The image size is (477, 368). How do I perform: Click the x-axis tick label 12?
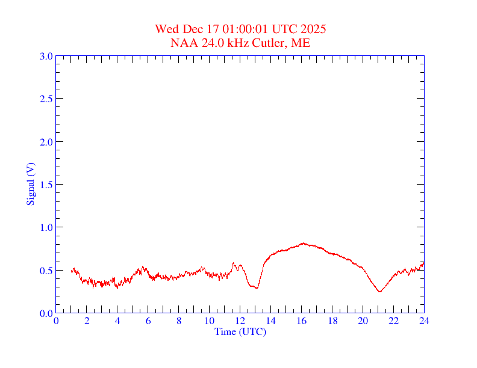click(240, 321)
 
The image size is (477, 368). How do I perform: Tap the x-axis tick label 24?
click(424, 321)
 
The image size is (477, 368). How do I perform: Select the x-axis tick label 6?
click(148, 321)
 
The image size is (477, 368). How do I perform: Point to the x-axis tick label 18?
click(332, 321)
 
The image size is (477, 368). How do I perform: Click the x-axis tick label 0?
click(56, 321)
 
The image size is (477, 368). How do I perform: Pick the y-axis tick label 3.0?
click(46, 56)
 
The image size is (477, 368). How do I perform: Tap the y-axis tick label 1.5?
click(46, 185)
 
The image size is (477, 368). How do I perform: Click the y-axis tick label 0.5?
click(46, 271)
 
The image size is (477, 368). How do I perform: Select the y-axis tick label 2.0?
click(46, 142)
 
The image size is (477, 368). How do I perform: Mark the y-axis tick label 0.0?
click(46, 313)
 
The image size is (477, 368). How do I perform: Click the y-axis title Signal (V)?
click(30, 185)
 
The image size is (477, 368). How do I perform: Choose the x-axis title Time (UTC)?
click(240, 331)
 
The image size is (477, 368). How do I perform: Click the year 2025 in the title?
click(314, 29)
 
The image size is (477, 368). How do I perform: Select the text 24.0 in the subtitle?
click(208, 43)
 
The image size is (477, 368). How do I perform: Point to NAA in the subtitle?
click(182, 43)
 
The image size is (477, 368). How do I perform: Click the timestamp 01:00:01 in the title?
click(246, 29)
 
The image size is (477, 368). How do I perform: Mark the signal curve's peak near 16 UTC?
click(303, 243)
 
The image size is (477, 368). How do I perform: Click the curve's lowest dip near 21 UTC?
click(379, 292)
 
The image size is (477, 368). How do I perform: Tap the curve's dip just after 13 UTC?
click(257, 288)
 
